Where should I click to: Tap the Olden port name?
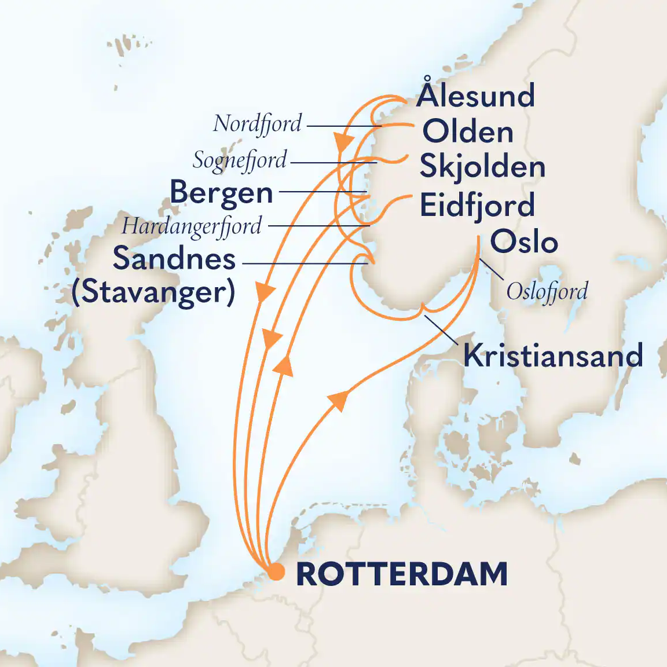[x=468, y=132]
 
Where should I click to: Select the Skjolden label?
[x=482, y=167]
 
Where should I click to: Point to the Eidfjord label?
[x=477, y=206]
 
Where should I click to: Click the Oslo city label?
[x=524, y=242]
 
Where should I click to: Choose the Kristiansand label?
[x=553, y=356]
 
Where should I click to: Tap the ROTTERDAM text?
[x=402, y=574]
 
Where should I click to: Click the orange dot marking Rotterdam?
[x=277, y=572]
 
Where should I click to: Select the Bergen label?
[x=221, y=193]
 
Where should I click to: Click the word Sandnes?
[x=174, y=258]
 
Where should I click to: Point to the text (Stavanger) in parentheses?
[x=153, y=292]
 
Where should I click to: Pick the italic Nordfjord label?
[x=258, y=124]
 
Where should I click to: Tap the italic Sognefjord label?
[x=240, y=160]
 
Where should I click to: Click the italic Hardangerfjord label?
[x=192, y=226]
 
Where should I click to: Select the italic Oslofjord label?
[x=547, y=291]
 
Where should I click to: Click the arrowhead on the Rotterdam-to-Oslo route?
[x=338, y=399]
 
